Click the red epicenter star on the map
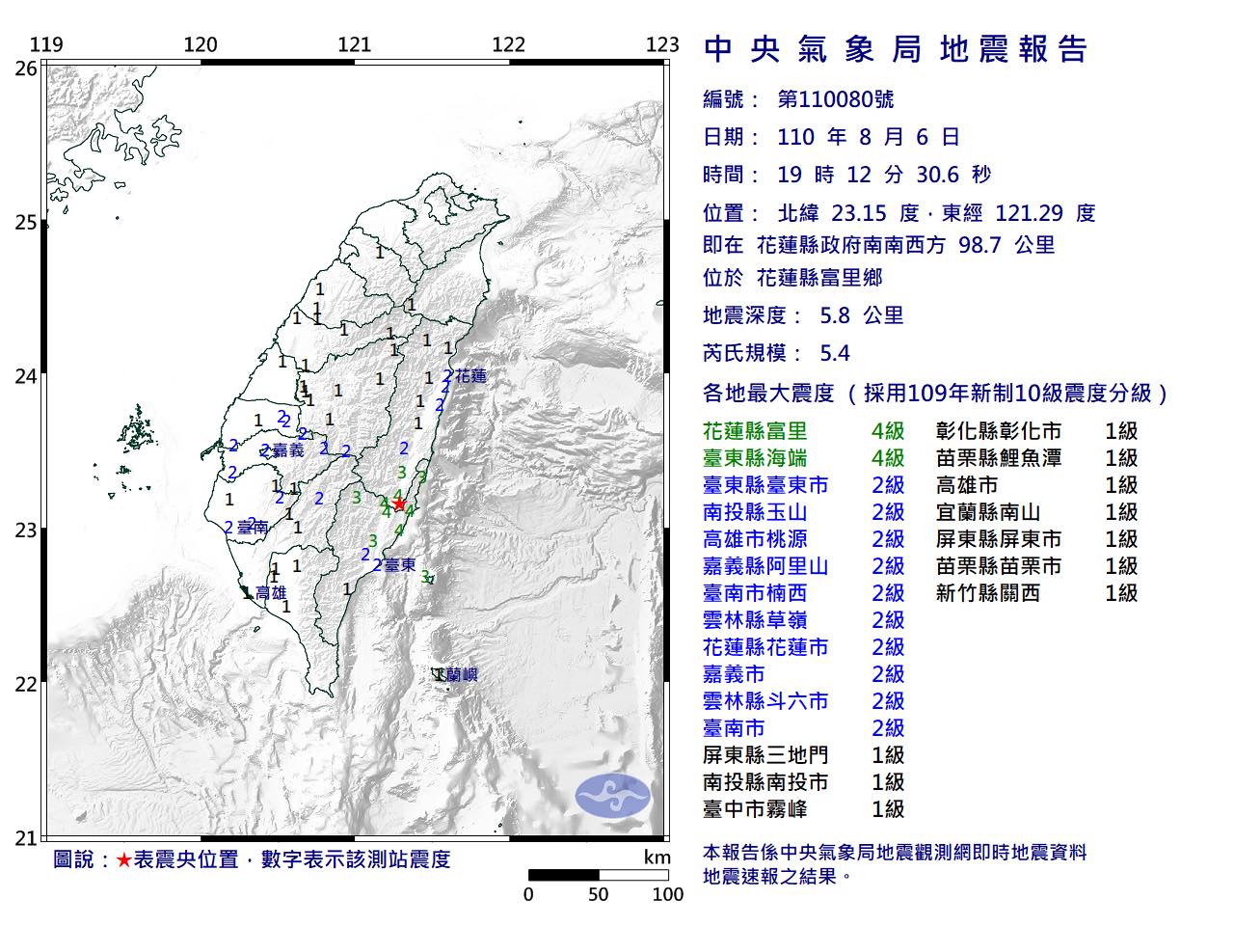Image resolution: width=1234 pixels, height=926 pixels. click(x=398, y=503)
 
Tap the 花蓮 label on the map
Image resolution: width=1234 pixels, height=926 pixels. click(x=470, y=376)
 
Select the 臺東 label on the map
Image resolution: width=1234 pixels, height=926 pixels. click(x=399, y=565)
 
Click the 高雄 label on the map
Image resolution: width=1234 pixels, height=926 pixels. click(x=270, y=593)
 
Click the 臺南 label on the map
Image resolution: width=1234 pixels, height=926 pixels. click(x=250, y=527)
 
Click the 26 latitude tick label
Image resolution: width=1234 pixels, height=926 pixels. click(x=26, y=68)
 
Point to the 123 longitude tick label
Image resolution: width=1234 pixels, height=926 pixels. click(x=662, y=44)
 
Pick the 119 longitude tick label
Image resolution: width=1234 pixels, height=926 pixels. click(x=46, y=44)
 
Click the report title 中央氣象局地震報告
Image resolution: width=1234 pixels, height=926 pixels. click(x=896, y=48)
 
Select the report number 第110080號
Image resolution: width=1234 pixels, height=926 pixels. click(x=835, y=98)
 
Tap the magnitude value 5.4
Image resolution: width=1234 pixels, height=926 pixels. click(x=834, y=353)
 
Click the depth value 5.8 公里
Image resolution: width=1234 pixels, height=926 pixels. click(x=861, y=315)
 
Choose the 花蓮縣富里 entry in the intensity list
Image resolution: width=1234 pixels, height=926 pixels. click(x=755, y=431)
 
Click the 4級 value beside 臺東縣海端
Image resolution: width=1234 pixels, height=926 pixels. click(x=887, y=458)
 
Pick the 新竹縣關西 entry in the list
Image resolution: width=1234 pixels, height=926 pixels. click(x=988, y=593)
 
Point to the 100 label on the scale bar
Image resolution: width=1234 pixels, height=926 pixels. click(x=667, y=894)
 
